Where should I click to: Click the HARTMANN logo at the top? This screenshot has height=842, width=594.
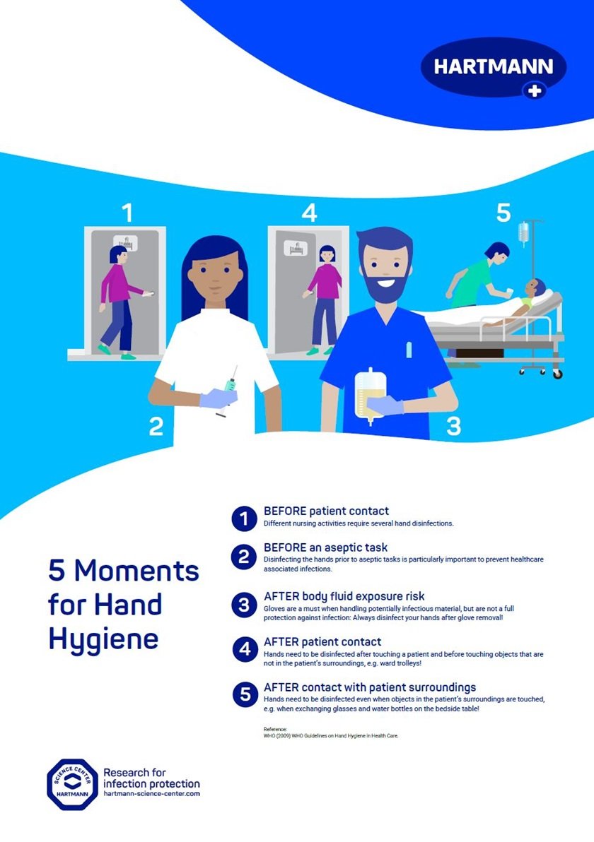494,68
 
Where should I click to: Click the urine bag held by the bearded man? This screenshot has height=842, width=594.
369,395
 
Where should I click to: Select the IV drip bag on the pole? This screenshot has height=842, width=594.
523,232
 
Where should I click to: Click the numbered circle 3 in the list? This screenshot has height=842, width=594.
244,605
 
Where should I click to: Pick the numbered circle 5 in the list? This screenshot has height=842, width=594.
244,694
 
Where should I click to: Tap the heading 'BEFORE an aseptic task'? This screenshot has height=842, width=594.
325,547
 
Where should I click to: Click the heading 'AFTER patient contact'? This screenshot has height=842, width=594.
322,642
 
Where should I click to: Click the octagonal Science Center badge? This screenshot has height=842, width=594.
71,783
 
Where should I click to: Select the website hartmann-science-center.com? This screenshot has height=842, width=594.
151,794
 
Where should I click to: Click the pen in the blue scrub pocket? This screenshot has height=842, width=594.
408,350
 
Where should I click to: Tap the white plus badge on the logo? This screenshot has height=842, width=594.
534,90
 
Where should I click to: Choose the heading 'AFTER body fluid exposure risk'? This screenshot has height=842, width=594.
344,596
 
